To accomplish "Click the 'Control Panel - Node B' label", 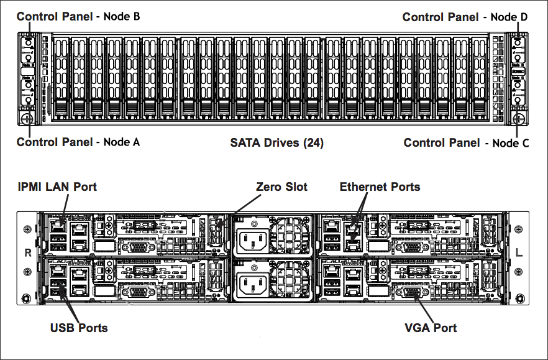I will pyautogui.click(x=78, y=16).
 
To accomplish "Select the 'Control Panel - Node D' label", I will pyautogui.click(x=465, y=17).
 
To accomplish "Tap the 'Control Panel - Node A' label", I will pyautogui.click(x=78, y=142).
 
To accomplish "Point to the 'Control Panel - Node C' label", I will pyautogui.click(x=466, y=143).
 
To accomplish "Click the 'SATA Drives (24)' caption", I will pyautogui.click(x=276, y=142).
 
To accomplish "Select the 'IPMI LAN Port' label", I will pyautogui.click(x=57, y=187).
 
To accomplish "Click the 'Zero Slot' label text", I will pyautogui.click(x=281, y=187).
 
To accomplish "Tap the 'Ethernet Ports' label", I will pyautogui.click(x=380, y=187).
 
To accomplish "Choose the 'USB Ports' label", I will pyautogui.click(x=78, y=328).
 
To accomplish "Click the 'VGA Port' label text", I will pyautogui.click(x=431, y=328).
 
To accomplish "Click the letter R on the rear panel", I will pyautogui.click(x=27, y=253).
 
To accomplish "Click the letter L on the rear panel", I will pyautogui.click(x=519, y=253).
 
